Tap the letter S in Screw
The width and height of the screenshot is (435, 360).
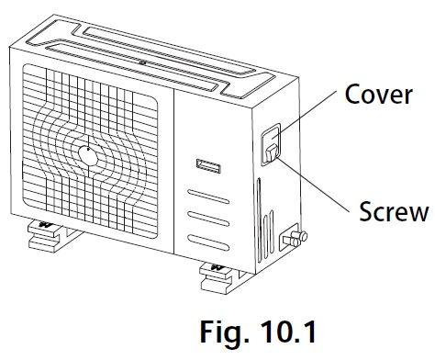coord(362,212)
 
